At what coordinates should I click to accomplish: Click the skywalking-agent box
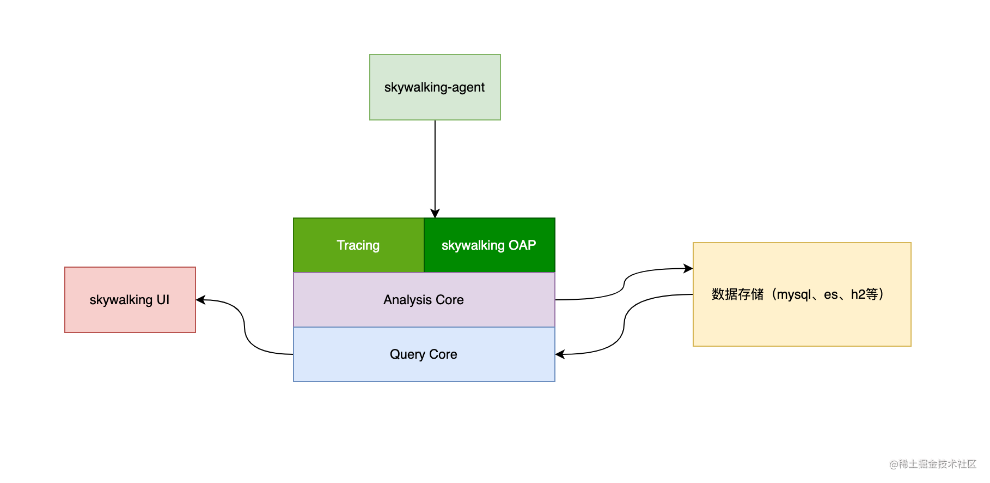435,87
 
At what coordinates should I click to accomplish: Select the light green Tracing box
358,245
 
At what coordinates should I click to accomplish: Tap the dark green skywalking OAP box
490,245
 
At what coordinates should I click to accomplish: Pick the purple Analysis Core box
424,300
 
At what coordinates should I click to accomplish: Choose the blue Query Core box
424,354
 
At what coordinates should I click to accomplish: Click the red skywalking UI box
130,300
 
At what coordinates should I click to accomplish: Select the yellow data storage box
802,294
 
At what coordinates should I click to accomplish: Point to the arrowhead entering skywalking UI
200,300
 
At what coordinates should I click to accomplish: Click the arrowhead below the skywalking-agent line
435,213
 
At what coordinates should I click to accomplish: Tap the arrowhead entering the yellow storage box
688,268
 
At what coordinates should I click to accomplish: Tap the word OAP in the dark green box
522,245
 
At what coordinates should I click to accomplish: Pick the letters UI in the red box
163,300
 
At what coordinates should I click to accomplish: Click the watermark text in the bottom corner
933,464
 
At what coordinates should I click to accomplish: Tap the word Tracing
358,245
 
